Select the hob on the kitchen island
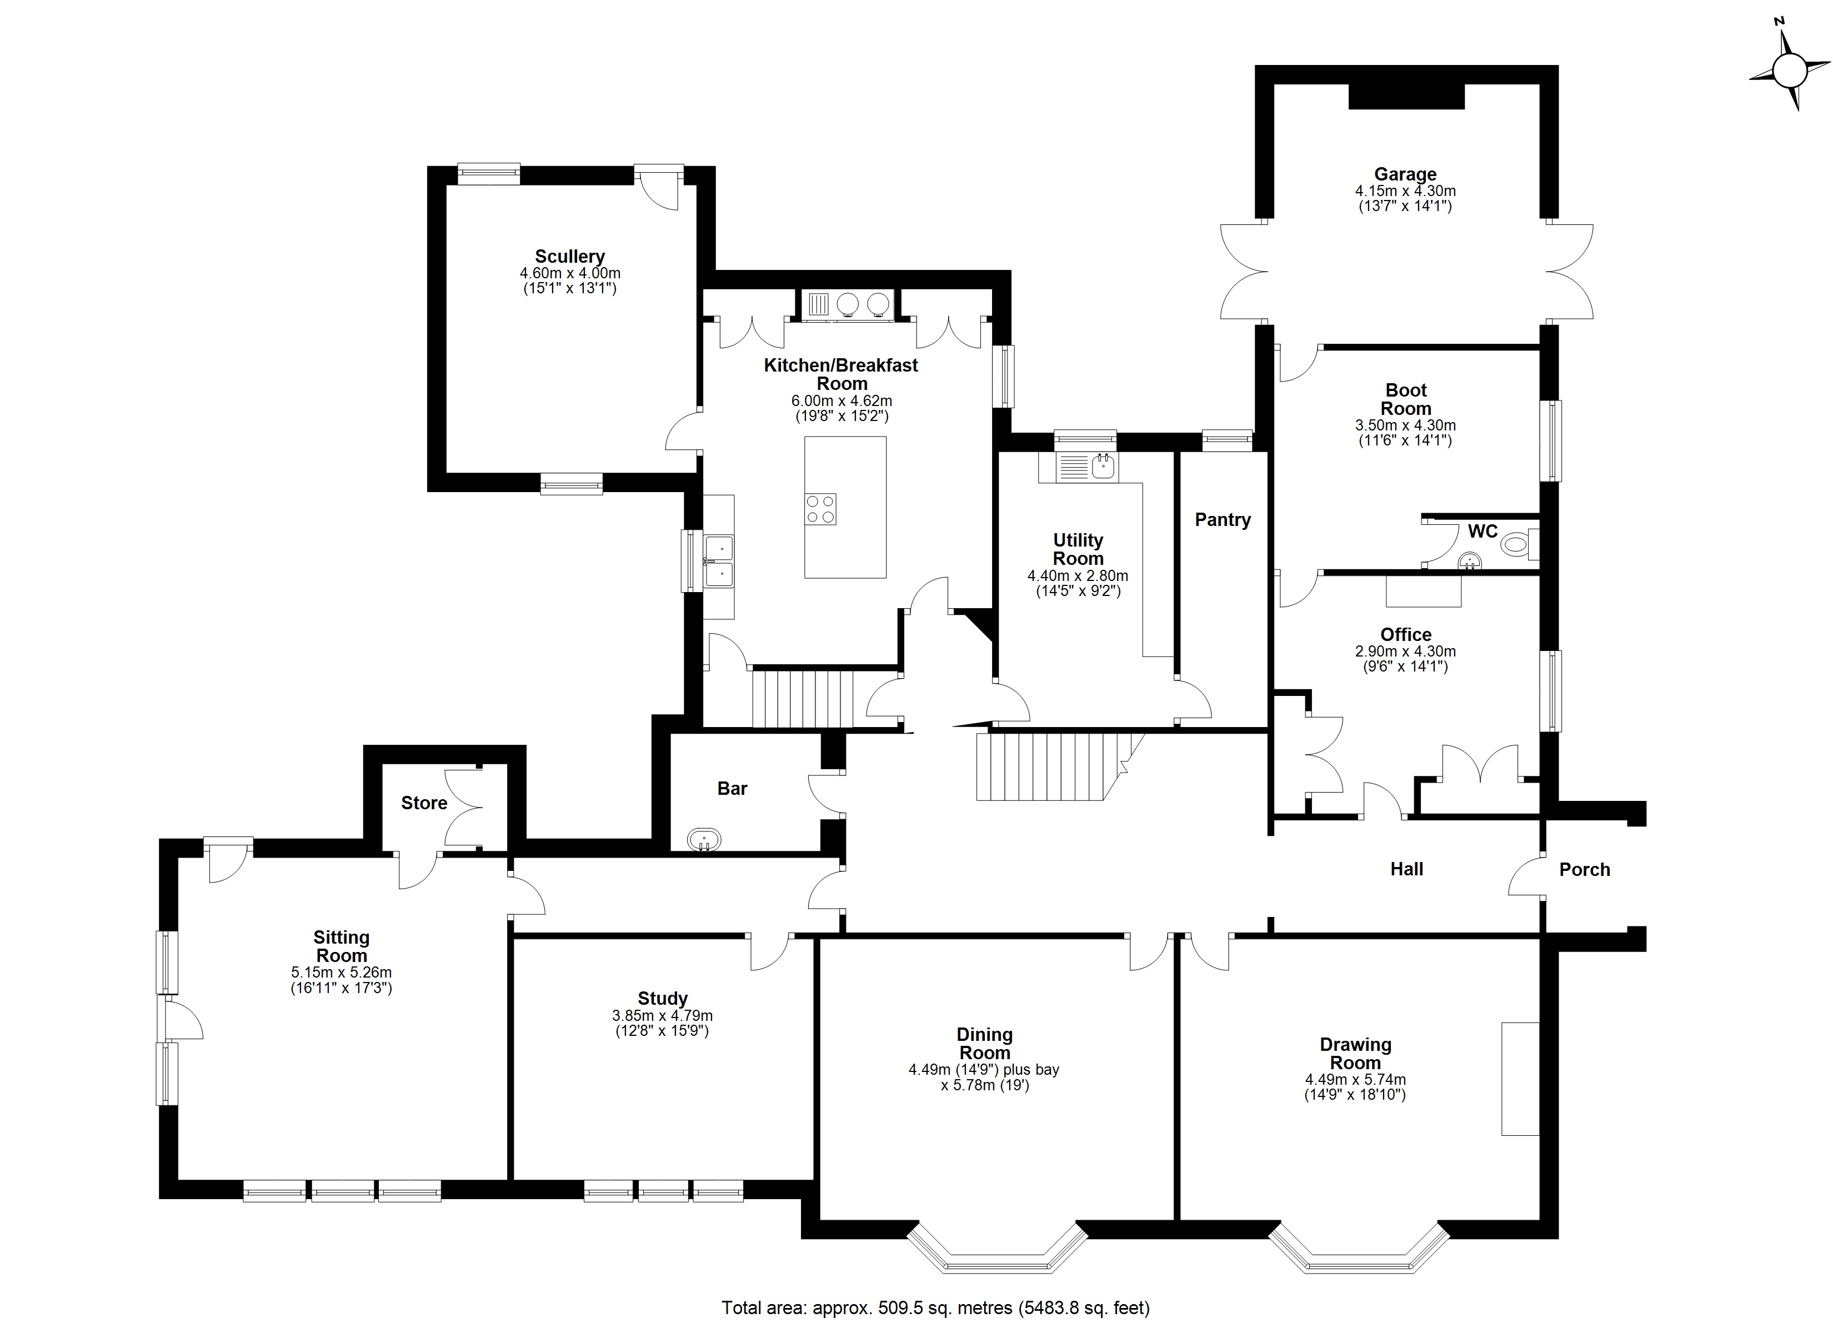tap(820, 508)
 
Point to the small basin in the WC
tap(1469, 560)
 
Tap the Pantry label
tap(1222, 520)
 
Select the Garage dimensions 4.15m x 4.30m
tap(1405, 192)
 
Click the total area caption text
tap(935, 1307)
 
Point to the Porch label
tap(1584, 869)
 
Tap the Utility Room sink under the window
tap(1103, 465)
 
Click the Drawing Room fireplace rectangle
tap(1519, 1079)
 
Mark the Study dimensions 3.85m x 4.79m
tap(662, 1015)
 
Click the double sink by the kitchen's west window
tap(719, 561)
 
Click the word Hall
tap(1406, 869)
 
